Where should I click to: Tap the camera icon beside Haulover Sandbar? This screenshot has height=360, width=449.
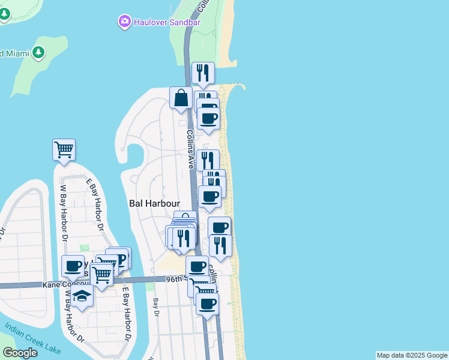(124, 22)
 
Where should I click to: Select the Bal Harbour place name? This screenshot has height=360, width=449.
(155, 203)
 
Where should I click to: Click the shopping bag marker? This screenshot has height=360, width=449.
(181, 98)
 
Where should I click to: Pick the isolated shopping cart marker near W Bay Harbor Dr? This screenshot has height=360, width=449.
(64, 149)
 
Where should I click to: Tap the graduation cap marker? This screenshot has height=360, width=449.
(82, 296)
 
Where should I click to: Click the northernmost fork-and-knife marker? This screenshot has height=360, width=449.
(203, 73)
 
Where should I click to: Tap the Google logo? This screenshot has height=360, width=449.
(20, 353)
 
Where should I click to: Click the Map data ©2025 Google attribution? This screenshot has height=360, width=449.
(412, 355)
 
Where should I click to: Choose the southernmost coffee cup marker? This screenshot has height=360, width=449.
(207, 304)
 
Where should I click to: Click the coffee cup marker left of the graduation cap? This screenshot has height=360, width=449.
(73, 266)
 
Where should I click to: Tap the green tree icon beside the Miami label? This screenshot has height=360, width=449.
(38, 53)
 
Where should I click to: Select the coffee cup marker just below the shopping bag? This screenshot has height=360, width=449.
(208, 118)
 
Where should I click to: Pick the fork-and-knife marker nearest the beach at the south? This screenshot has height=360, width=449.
(220, 245)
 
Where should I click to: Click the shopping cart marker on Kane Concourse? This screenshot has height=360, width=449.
(101, 274)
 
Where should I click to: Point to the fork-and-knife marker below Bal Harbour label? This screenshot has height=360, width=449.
(183, 238)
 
